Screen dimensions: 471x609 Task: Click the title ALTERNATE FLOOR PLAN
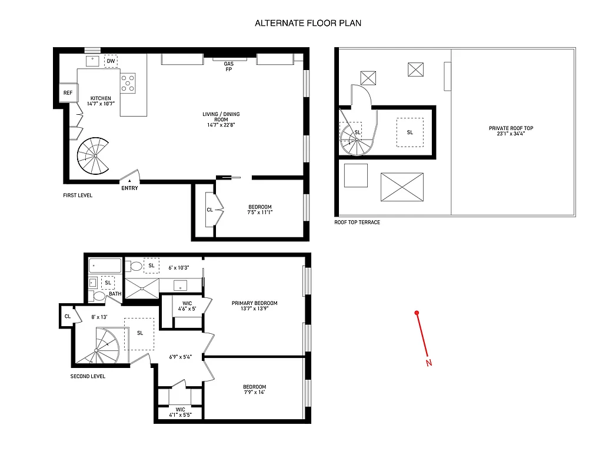click(x=308, y=24)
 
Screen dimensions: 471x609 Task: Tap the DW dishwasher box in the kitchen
click(x=111, y=61)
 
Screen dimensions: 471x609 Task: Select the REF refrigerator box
click(x=68, y=93)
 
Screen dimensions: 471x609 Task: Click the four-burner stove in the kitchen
click(x=128, y=83)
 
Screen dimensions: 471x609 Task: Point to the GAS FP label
click(x=229, y=67)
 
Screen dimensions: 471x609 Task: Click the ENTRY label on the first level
click(x=129, y=188)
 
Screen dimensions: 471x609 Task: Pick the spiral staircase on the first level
click(x=94, y=155)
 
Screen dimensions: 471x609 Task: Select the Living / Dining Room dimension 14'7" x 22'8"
click(x=223, y=125)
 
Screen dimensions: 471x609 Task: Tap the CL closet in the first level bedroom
click(x=209, y=210)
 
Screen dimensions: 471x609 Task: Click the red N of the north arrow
click(x=428, y=363)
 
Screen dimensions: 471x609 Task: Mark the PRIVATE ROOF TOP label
click(x=511, y=128)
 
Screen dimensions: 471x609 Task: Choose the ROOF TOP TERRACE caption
click(x=357, y=223)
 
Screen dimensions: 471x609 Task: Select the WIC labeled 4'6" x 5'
click(x=188, y=306)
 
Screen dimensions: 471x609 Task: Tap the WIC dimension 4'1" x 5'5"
click(x=180, y=415)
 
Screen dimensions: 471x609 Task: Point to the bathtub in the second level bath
click(x=105, y=266)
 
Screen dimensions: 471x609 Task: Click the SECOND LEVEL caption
click(x=88, y=376)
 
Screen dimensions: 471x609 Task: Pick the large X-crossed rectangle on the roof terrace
click(x=402, y=187)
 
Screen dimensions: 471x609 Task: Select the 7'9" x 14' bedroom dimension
click(x=255, y=392)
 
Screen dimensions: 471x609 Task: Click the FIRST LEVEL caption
click(x=78, y=195)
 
